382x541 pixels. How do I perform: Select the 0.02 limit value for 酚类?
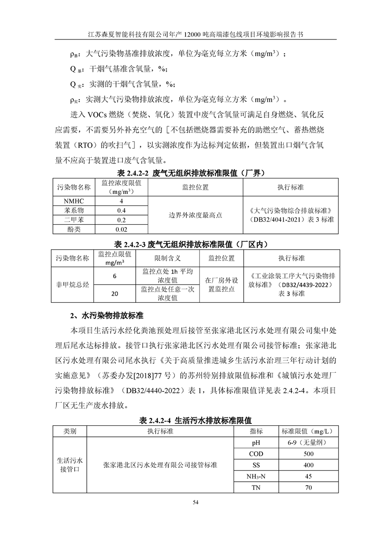tap(122, 230)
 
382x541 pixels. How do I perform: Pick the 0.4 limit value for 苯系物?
tap(122, 210)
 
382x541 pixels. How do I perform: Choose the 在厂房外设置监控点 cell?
tap(219, 284)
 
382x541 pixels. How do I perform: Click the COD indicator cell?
tap(256, 454)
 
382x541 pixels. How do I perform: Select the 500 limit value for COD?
tap(308, 454)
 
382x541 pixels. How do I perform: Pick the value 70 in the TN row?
tap(308, 488)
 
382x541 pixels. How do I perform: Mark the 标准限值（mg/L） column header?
tap(308, 431)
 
